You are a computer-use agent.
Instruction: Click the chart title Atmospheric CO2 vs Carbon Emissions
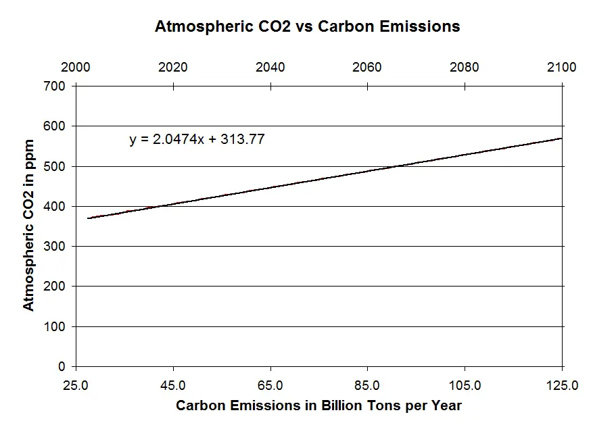click(x=307, y=27)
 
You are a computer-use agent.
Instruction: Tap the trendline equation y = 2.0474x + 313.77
click(x=197, y=140)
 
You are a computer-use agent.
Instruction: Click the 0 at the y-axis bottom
click(x=63, y=367)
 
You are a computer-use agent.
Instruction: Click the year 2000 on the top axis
click(x=76, y=68)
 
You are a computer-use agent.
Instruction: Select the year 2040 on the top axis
click(x=270, y=68)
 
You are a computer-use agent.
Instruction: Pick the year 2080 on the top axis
click(x=465, y=68)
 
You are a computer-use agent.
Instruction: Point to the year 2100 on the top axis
click(x=562, y=68)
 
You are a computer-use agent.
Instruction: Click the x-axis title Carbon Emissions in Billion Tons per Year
click(x=318, y=406)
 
